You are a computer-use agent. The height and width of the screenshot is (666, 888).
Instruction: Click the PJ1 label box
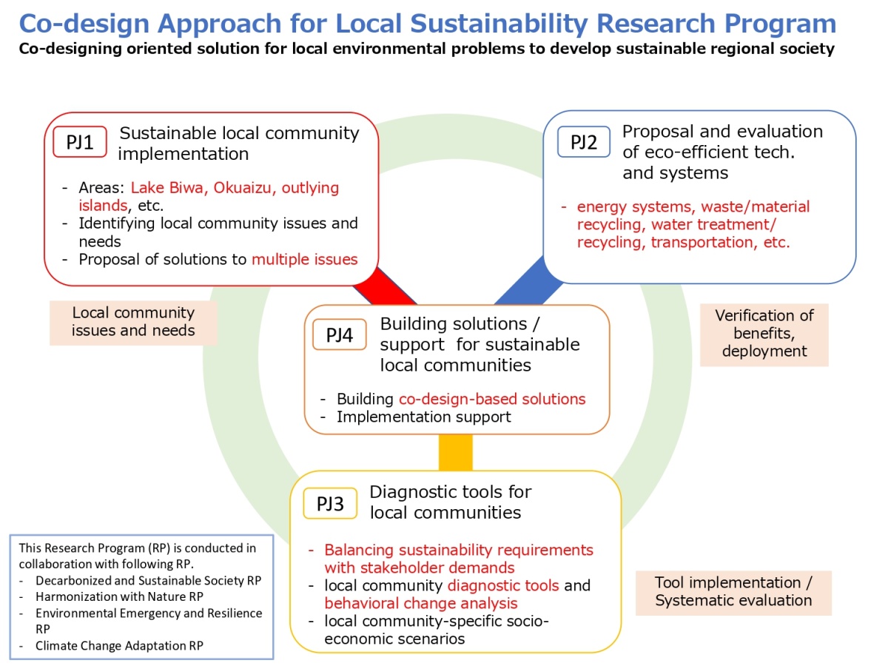click(80, 141)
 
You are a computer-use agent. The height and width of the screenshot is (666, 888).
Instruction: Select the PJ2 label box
click(583, 141)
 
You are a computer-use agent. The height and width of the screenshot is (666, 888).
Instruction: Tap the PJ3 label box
click(330, 503)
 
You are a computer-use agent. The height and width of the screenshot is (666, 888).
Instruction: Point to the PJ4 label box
click(340, 334)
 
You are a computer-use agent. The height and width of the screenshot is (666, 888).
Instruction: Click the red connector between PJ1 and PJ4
click(384, 286)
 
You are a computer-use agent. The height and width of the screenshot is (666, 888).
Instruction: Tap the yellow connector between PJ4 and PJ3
click(456, 452)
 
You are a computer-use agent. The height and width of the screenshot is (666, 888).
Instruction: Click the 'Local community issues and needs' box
click(133, 323)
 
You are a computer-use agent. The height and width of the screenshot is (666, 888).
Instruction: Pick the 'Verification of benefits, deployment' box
click(764, 334)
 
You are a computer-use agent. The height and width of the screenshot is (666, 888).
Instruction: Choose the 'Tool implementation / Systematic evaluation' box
click(733, 593)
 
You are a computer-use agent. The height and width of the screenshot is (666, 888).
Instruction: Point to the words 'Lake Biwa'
click(167, 188)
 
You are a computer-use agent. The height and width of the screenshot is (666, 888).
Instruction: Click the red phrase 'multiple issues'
click(305, 259)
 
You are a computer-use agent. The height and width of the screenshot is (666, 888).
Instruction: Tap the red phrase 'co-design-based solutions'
click(492, 399)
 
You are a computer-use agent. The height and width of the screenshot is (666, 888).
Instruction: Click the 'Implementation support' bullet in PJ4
click(423, 417)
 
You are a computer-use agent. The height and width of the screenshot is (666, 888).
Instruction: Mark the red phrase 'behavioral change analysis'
click(421, 603)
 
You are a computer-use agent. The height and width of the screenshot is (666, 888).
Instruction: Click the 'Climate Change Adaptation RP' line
click(119, 645)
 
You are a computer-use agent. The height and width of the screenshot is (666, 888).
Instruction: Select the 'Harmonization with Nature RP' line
click(119, 596)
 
